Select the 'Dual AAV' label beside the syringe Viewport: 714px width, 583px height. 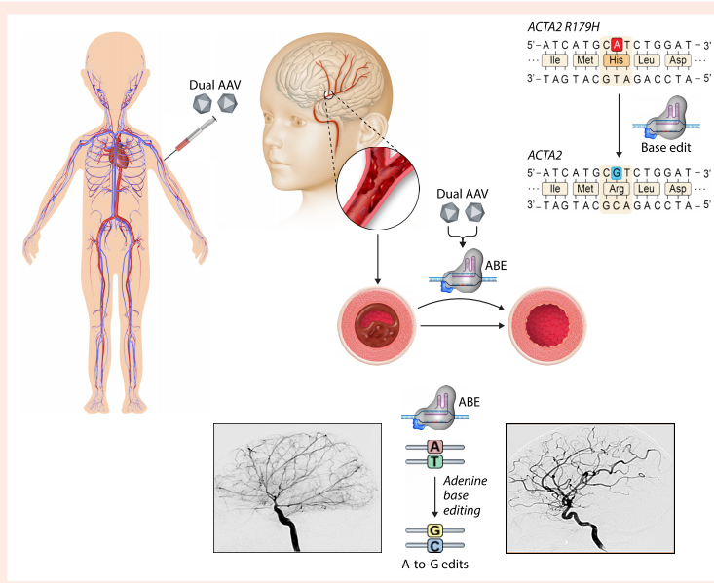[x=216, y=86]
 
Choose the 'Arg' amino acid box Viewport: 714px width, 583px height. [x=615, y=188]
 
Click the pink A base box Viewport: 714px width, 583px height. [x=435, y=447]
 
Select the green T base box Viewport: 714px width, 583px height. [x=435, y=462]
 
